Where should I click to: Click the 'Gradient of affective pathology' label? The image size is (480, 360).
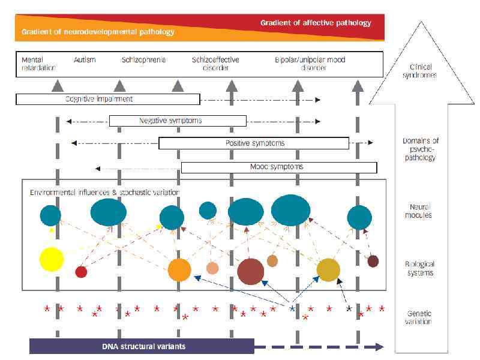[x=316, y=23]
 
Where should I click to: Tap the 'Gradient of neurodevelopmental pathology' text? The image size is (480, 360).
[x=98, y=32]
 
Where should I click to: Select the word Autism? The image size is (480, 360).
[x=85, y=60]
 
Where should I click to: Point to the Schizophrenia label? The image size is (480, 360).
[x=143, y=60]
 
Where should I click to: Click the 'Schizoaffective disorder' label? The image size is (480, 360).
[x=215, y=64]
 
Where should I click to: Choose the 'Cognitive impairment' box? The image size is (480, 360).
[x=107, y=99]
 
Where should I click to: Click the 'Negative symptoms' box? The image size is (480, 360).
[x=178, y=121]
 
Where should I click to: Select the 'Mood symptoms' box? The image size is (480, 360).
[x=278, y=167]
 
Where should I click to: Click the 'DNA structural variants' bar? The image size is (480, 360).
[x=142, y=346]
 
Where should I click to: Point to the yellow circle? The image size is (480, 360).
[x=52, y=259]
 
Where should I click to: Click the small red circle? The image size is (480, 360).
[x=81, y=272]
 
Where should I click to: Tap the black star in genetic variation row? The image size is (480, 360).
[x=349, y=308]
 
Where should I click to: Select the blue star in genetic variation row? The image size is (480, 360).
[x=292, y=308]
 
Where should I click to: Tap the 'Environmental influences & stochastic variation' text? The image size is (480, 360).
[x=105, y=192]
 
